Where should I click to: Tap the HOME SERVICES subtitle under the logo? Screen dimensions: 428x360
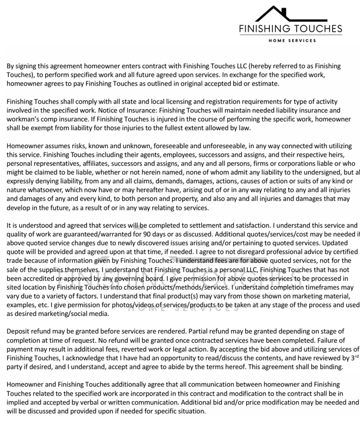coord(292,40)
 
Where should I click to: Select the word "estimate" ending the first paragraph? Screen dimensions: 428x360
coord(264,84)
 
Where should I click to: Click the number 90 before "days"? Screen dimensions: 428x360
coord(138,234)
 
